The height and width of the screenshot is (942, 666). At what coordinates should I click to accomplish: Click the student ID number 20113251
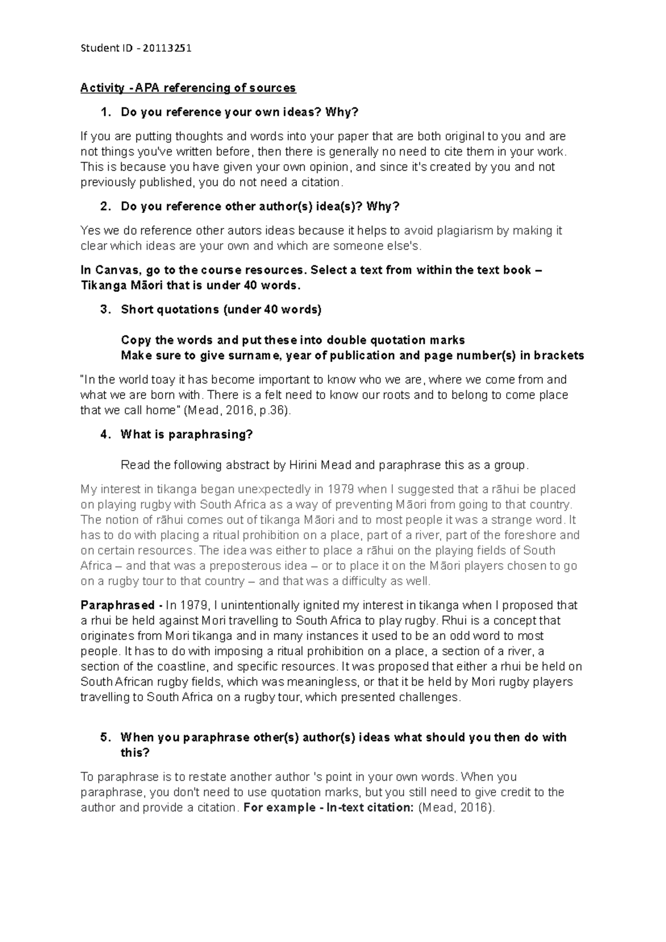[x=167, y=48]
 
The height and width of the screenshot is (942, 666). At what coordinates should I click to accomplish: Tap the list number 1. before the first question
[x=105, y=113]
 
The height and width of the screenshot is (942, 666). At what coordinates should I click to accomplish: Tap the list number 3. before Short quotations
[x=105, y=310]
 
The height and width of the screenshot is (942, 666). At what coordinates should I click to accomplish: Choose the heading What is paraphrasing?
[x=186, y=434]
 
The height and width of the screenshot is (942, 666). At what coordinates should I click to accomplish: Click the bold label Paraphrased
[x=117, y=605]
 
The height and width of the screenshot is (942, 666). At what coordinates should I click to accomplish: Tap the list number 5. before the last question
[x=105, y=738]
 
